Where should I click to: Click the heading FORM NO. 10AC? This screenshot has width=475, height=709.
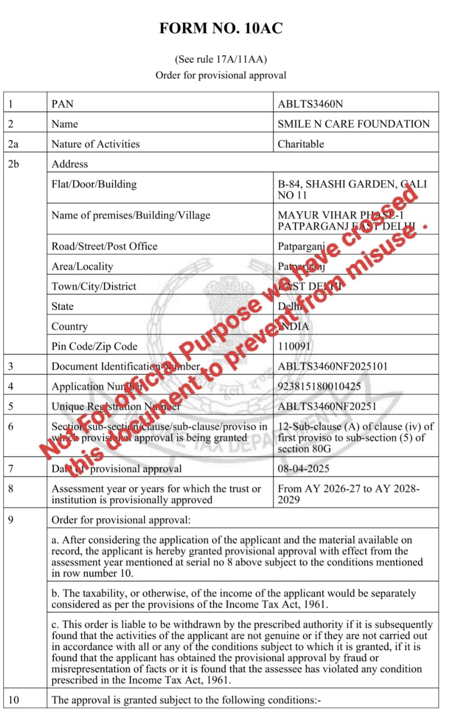221,28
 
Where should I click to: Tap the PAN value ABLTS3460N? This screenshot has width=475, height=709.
310,104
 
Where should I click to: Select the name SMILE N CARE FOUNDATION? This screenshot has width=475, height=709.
353,124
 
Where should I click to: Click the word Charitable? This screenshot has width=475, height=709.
301,144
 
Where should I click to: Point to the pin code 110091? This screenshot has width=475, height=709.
294,347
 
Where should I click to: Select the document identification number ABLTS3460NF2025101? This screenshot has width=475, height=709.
333,366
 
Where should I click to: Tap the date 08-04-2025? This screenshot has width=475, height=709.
303,469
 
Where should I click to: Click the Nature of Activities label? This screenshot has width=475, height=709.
95,144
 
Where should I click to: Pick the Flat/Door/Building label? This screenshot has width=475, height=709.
94,184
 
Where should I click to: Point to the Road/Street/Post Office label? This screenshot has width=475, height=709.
104,246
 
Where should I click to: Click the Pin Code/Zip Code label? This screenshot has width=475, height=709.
94,347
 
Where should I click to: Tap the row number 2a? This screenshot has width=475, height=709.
13,144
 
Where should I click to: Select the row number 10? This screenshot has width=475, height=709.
14,700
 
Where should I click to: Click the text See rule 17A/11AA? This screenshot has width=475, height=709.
221,59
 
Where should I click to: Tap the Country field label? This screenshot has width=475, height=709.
70,327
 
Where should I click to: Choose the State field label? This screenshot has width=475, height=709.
63,307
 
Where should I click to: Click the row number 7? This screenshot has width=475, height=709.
11,469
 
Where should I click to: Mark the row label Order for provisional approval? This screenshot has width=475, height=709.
121,520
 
